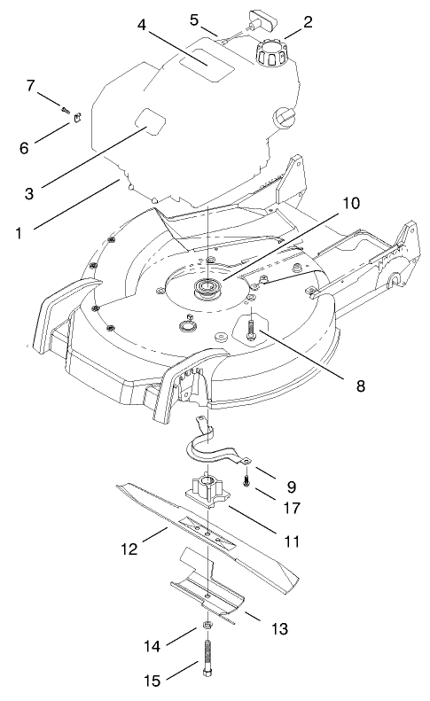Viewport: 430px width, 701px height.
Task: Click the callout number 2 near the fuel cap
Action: (309, 23)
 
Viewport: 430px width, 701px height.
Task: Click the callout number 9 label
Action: (292, 486)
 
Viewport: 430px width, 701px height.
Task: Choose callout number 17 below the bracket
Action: (292, 510)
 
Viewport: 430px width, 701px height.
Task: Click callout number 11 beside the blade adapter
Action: (290, 540)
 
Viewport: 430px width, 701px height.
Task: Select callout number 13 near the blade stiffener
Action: (280, 628)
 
